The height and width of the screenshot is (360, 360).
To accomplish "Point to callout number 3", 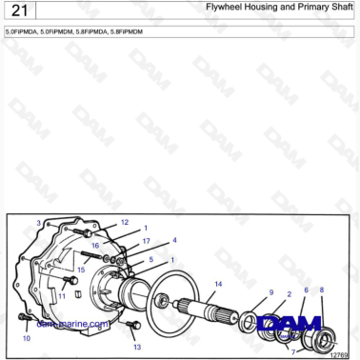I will click(x=38, y=223).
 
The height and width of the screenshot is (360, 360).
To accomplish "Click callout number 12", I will click(x=125, y=222).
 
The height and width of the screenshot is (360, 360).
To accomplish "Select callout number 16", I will click(x=95, y=246).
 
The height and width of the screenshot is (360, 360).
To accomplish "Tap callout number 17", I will click(x=146, y=242).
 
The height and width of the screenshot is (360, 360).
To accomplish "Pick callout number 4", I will click(x=174, y=240).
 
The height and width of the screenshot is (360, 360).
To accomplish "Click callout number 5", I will click(x=150, y=259).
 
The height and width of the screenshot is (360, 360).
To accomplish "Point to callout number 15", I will click(x=81, y=270).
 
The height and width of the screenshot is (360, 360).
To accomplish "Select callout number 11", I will click(x=61, y=295).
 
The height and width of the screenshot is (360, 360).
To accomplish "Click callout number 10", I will click(x=26, y=337).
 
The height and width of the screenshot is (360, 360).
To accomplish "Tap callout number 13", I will click(x=136, y=348).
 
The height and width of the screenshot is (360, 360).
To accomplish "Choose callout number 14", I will click(x=218, y=284).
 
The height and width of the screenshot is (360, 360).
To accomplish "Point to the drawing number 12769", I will click(x=339, y=355).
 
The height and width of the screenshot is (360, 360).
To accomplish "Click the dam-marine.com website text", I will click(x=71, y=324).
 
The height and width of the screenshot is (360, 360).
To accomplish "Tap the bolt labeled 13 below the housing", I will click(x=132, y=328).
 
